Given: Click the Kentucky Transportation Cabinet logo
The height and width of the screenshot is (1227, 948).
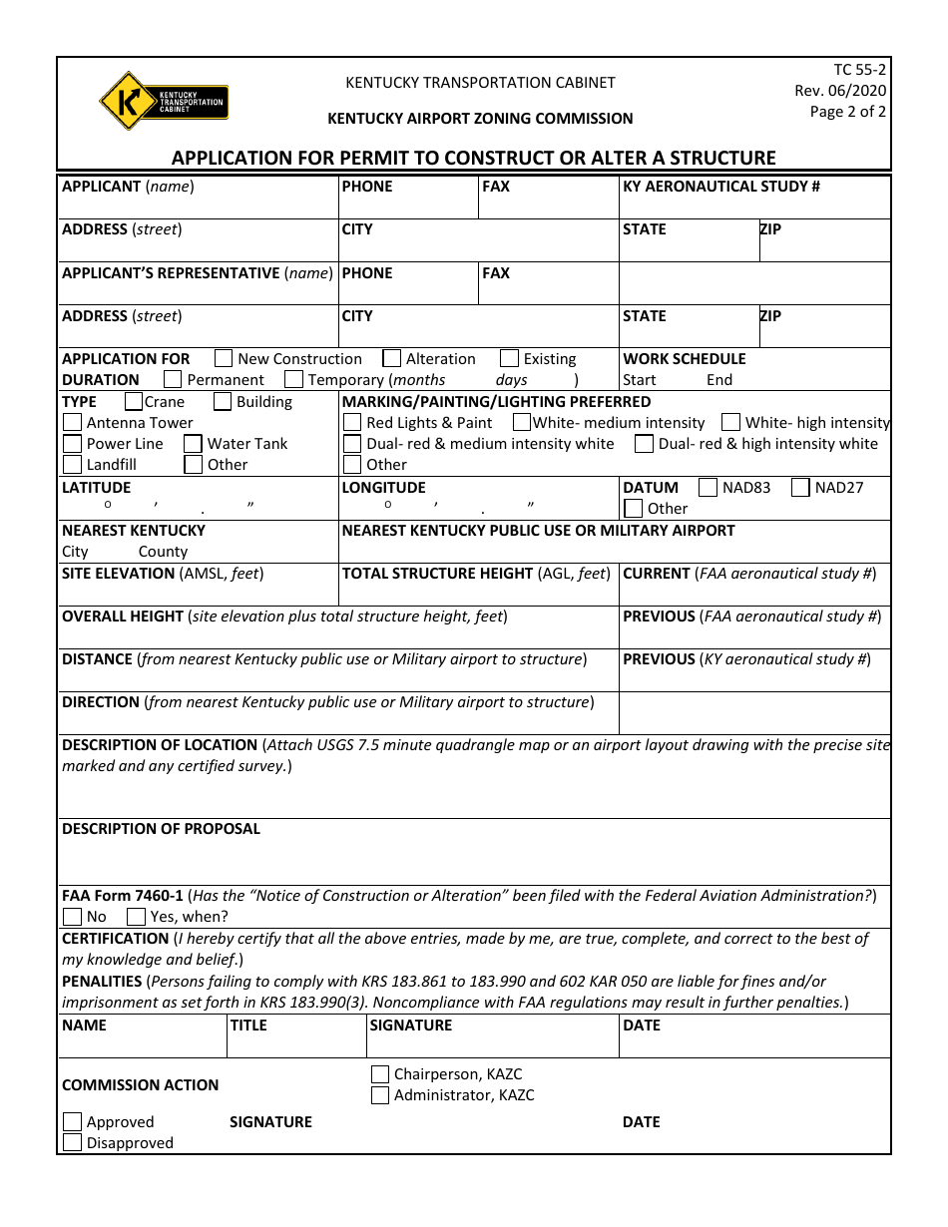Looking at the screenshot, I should [x=164, y=101].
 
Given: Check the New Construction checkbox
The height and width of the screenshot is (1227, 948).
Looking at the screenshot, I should [x=224, y=358].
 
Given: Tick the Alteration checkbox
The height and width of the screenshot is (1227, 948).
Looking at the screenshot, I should [x=392, y=358].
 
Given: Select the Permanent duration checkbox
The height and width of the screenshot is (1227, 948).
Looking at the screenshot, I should [x=173, y=379].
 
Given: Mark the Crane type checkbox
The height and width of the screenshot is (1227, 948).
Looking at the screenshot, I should [x=134, y=401].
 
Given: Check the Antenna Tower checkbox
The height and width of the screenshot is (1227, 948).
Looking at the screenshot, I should [x=72, y=422].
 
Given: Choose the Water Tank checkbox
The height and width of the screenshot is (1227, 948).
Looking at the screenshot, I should [x=194, y=443].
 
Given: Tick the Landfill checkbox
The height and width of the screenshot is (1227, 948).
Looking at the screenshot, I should [x=72, y=464].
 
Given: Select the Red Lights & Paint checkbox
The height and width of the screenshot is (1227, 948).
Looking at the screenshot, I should [x=352, y=422].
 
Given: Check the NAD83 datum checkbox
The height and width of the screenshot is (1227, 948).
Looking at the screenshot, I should [x=709, y=487].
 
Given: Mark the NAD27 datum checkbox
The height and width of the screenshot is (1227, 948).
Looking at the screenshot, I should [x=800, y=487].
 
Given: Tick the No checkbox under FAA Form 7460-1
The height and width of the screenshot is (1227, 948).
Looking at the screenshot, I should [x=72, y=916].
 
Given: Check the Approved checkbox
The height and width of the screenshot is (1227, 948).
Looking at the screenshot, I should [x=72, y=1121].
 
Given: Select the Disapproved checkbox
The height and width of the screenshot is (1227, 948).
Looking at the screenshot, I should [x=72, y=1142].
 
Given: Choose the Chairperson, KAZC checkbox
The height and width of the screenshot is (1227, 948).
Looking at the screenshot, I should [x=380, y=1073].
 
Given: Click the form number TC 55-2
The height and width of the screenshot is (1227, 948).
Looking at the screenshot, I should [x=859, y=70].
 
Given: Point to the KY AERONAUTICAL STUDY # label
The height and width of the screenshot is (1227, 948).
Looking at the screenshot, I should [x=721, y=187].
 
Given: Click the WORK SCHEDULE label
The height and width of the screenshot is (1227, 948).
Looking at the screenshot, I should [x=685, y=359].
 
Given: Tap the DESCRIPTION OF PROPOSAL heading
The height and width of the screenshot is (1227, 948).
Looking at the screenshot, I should [x=161, y=829].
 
